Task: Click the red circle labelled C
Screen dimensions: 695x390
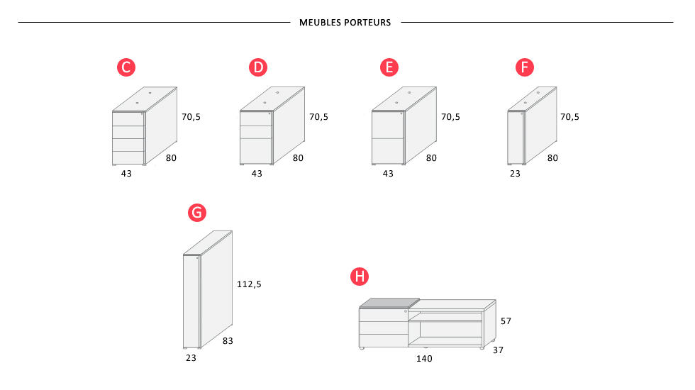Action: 126,67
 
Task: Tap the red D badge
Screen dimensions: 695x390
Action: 258,67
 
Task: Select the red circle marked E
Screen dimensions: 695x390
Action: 389,67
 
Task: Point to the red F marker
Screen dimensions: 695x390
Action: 525,67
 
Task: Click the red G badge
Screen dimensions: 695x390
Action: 197,213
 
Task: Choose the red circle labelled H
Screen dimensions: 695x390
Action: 360,277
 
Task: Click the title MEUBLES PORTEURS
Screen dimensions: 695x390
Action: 345,23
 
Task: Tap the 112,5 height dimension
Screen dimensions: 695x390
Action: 249,284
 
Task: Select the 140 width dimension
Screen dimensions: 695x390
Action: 424,359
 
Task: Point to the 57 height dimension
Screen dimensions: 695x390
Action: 506,321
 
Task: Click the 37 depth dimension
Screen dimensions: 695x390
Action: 498,350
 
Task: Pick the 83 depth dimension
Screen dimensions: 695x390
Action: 228,341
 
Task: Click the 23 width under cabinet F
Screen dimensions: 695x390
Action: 515,173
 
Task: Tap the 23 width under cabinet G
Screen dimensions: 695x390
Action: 191,357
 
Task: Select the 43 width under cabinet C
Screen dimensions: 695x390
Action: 126,173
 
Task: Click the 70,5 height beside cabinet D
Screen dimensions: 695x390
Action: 318,116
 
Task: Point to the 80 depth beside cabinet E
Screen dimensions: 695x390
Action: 431,157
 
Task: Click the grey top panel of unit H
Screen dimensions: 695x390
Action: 389,303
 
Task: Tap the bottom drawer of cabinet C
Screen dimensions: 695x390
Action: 128,157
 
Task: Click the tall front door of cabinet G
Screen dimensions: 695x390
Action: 191,301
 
